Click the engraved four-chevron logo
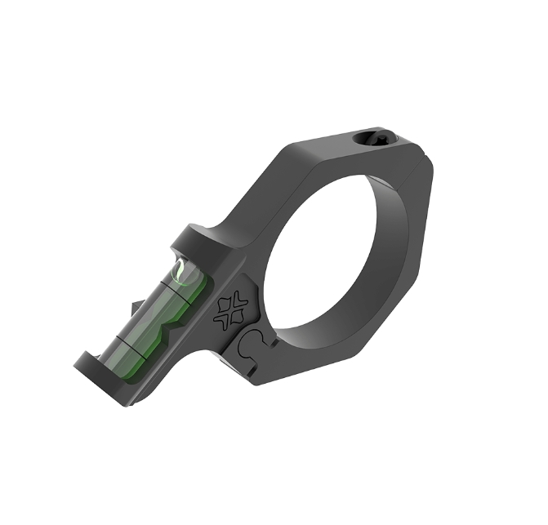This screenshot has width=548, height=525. tap(231, 309)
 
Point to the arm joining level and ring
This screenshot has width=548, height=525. tap(237, 220)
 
